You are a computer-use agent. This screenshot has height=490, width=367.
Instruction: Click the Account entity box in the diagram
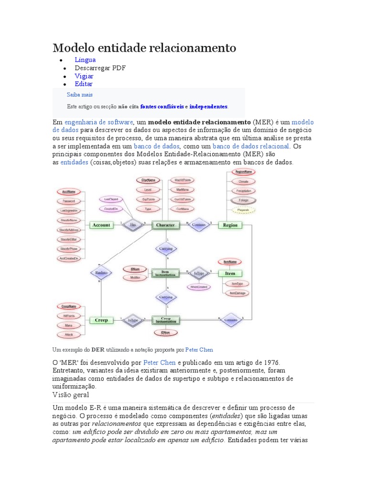(x=101, y=225)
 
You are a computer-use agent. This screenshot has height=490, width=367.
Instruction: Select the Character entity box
(x=166, y=225)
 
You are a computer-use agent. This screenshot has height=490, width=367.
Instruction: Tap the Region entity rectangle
(x=230, y=225)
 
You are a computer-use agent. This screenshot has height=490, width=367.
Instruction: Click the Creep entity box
(x=101, y=320)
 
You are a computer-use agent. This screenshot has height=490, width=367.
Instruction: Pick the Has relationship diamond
(x=133, y=224)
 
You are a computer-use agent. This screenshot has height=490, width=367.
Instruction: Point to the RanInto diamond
(x=101, y=273)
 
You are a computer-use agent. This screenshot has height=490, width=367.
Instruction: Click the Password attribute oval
(x=68, y=201)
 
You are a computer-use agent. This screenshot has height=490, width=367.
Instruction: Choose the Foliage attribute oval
(x=243, y=200)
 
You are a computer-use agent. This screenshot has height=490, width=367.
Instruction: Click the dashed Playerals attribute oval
(x=243, y=210)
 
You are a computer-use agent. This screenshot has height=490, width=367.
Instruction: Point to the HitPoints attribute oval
(x=69, y=316)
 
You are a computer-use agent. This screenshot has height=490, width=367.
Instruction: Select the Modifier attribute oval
(x=135, y=278)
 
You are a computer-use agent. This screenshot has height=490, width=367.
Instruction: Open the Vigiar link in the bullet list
(x=84, y=76)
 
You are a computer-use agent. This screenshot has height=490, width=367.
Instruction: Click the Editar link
(x=84, y=84)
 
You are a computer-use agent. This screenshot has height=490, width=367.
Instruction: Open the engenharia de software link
(x=98, y=122)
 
